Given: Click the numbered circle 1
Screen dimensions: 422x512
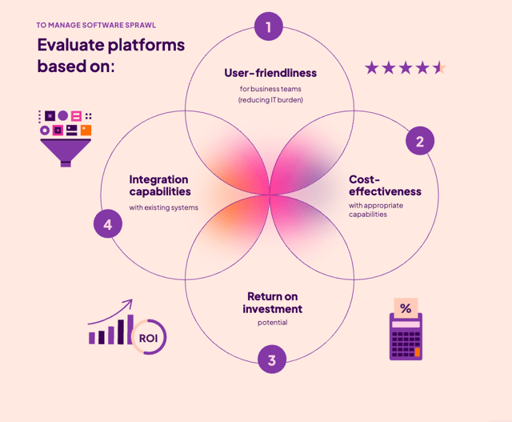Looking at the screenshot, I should (x=269, y=27).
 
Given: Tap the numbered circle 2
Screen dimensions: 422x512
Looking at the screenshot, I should (x=419, y=142).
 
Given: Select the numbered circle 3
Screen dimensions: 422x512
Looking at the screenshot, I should (x=272, y=360).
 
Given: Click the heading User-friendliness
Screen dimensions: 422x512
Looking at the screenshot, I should (x=270, y=74).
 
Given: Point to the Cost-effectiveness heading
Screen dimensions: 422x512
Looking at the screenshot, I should (x=384, y=186).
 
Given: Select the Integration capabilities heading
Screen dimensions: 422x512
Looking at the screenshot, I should (x=160, y=186).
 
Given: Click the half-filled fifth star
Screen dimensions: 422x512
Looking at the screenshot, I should (x=439, y=67).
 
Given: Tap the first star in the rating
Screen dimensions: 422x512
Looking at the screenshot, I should (x=371, y=67).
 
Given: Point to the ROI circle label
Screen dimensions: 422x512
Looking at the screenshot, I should (x=149, y=337).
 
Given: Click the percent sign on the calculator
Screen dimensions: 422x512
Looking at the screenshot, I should (x=406, y=308).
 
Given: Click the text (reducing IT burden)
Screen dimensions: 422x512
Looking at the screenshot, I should (x=270, y=100).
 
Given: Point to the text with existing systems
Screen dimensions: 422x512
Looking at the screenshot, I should (x=164, y=207).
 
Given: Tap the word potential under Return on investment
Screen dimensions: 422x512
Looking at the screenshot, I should (x=272, y=323).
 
